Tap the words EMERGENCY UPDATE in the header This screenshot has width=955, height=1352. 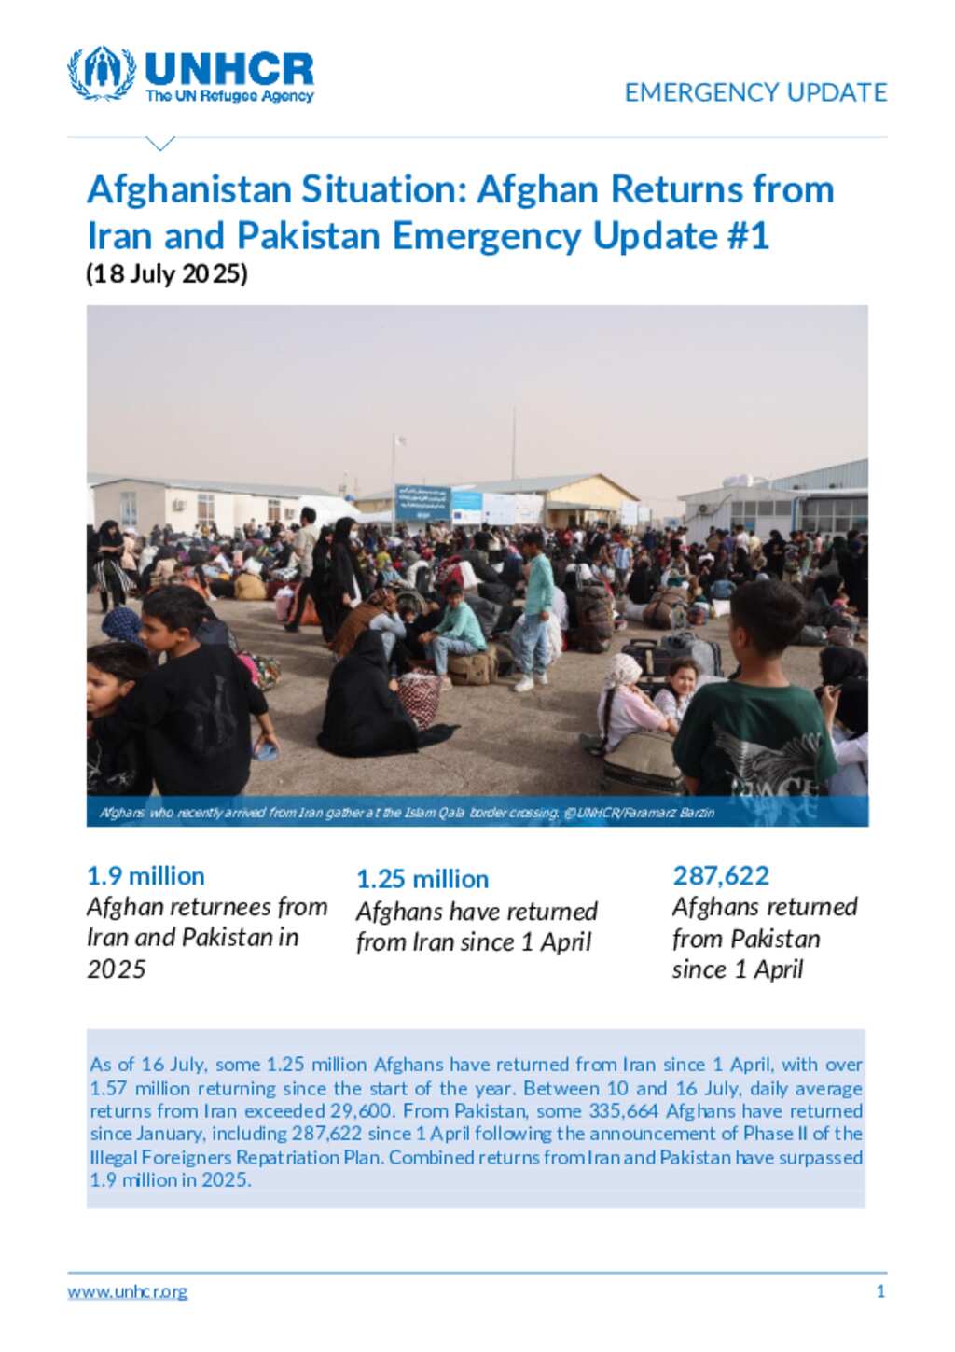(755, 92)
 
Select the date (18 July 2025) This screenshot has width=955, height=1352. (167, 274)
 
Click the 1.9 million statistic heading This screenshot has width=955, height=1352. (145, 876)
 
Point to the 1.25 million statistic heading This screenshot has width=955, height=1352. (422, 879)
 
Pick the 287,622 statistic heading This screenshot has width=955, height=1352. (721, 876)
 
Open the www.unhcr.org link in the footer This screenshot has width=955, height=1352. (127, 1292)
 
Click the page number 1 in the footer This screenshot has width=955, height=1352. (880, 1292)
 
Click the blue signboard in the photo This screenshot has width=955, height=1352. (422, 503)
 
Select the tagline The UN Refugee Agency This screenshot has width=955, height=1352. (229, 96)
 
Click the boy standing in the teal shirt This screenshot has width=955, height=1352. (535, 606)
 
